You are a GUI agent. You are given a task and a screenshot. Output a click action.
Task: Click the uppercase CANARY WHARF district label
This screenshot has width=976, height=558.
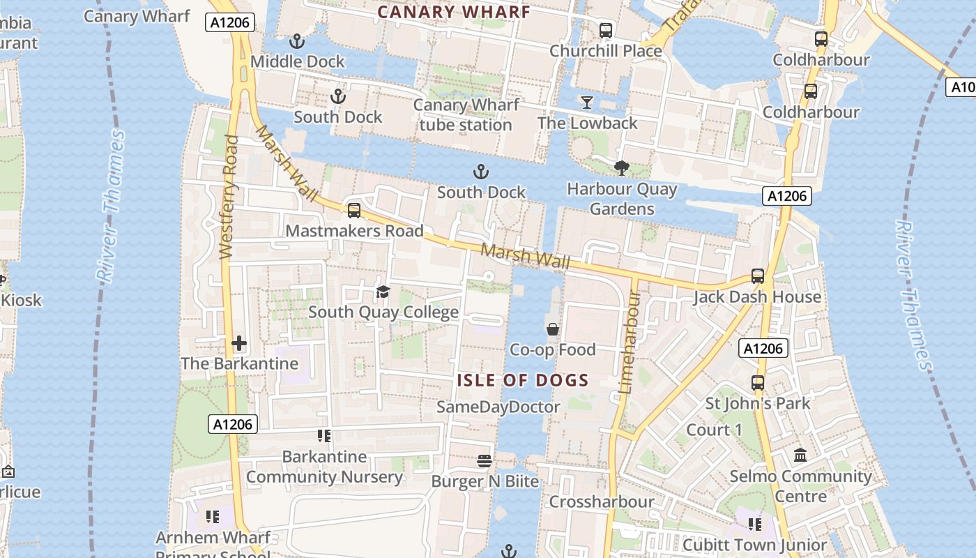454,11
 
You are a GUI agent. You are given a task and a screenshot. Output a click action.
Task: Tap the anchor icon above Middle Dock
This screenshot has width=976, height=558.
298,41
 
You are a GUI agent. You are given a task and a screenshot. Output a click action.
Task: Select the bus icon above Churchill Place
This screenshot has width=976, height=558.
605,31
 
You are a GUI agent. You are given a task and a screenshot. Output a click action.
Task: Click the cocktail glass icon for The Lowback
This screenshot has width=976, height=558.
587,103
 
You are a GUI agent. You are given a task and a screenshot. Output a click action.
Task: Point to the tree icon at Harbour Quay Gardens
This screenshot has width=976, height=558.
621,167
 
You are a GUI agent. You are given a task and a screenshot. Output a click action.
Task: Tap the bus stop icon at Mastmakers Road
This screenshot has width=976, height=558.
354,210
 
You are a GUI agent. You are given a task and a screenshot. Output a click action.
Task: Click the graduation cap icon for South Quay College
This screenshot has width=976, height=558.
383,292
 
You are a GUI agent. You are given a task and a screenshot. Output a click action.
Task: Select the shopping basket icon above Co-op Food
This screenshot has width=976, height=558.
553,329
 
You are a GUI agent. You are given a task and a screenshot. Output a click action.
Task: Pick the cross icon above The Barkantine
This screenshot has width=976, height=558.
239,343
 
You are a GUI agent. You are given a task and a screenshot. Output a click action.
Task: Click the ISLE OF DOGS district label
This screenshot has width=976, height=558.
523,380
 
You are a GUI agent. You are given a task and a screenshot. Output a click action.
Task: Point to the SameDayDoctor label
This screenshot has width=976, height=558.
498,407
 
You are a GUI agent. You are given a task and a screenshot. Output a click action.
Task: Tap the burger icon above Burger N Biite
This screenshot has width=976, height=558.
485,460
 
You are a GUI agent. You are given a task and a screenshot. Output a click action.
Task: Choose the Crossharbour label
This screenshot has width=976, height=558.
602,502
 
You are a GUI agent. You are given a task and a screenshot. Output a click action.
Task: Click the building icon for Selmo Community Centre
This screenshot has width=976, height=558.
800,455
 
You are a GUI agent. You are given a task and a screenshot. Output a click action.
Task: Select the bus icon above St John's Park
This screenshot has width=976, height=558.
758,382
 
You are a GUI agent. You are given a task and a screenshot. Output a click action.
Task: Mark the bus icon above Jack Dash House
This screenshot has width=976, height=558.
758,276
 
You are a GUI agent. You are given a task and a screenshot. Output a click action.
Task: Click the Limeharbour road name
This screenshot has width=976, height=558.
630,342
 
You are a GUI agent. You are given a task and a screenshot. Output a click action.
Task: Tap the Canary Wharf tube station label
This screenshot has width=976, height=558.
466,115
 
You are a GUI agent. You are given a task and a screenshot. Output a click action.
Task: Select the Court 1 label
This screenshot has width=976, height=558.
715,430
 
